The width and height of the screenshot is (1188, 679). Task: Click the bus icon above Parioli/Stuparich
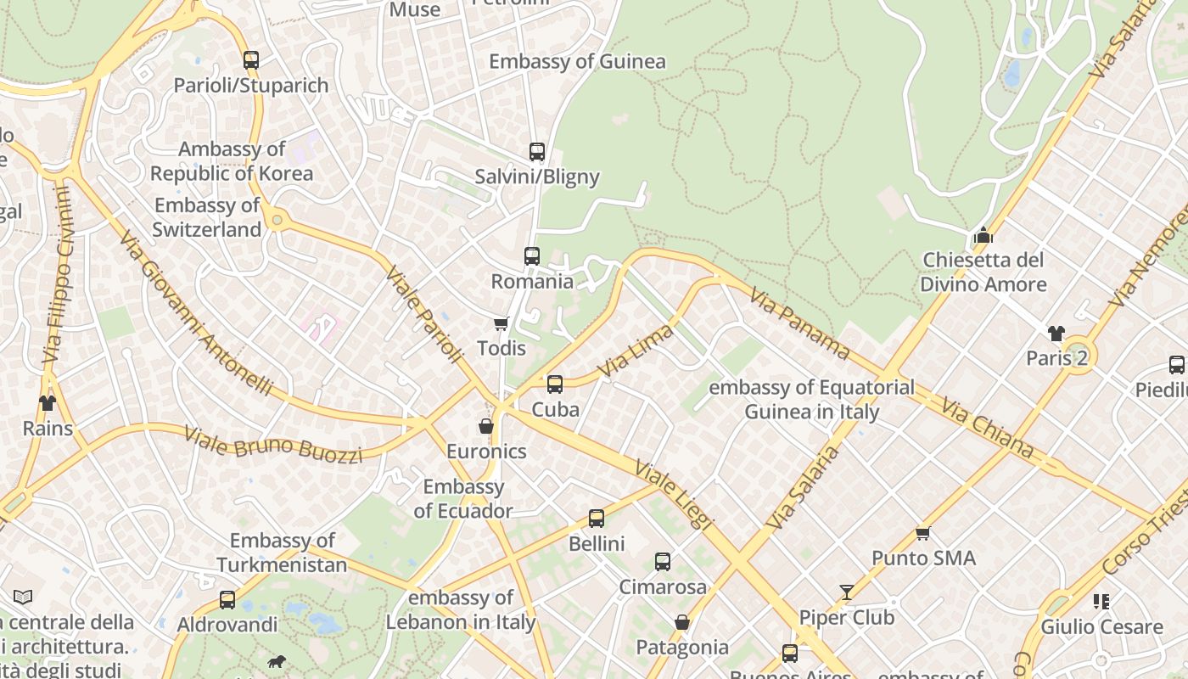pos(251,60)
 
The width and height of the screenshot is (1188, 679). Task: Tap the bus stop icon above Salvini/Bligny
pos(537,152)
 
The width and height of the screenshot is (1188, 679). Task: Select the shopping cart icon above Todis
pos(501,323)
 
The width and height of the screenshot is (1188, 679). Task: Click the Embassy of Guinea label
pos(577,61)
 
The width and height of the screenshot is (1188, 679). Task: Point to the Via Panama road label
pos(799,321)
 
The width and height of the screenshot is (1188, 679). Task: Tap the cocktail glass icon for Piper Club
pos(847,592)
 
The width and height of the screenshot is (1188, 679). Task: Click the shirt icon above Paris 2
pos(1056,333)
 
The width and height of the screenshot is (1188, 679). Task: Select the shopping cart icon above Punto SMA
pos(923,533)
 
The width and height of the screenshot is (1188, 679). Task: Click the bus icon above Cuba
pos(555,384)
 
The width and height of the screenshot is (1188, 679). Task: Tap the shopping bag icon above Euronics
pos(486,426)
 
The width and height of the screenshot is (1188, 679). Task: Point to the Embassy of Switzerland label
pos(207,217)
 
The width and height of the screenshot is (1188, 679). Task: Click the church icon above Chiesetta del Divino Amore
pos(983,235)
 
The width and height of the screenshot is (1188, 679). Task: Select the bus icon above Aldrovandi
pos(227,600)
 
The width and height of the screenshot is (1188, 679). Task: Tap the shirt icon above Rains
pos(47,403)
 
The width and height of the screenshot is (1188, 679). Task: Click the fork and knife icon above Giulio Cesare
pos(1101,602)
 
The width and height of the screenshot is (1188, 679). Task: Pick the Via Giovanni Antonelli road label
pos(196,313)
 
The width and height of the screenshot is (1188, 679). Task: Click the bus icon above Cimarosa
pos(663,562)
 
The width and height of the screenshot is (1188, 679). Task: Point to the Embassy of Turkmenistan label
pos(282,553)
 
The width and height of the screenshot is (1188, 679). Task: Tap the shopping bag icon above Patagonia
pos(682,623)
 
